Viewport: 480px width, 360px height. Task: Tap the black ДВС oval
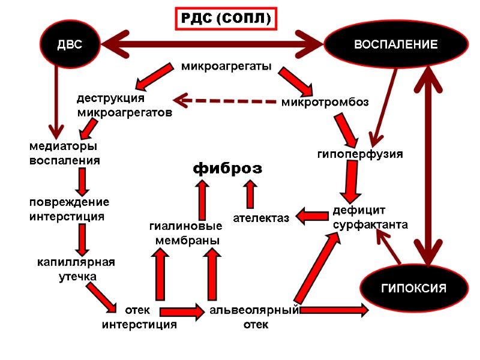tap(70, 44)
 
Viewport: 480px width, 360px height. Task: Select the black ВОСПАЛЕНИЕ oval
tap(395, 44)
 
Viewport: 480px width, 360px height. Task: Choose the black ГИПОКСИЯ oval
tap(414, 289)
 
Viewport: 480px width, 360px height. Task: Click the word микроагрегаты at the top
tap(226, 65)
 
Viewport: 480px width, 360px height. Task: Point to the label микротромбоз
tap(325, 103)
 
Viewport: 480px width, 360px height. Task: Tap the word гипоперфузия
tap(360, 154)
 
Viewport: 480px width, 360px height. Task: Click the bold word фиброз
tap(227, 169)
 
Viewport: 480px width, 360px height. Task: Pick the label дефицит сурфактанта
tap(370, 218)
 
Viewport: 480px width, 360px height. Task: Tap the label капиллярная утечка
tap(76, 269)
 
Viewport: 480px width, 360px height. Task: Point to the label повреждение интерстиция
tap(70, 209)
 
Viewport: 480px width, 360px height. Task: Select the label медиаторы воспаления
tap(65, 153)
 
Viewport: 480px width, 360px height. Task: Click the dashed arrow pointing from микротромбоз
tap(225, 101)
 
